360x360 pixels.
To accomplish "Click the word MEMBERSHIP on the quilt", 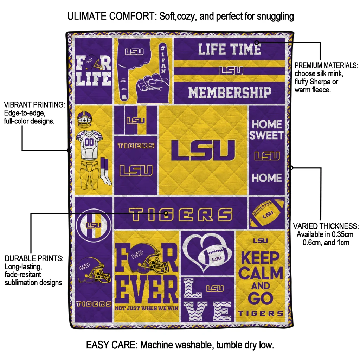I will point(230,93).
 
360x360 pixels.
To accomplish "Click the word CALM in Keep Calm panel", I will point(262,272).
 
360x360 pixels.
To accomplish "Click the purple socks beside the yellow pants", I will point(105,171).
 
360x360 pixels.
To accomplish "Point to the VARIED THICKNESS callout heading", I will point(326,226).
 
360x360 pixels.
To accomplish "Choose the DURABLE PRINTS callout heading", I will point(34,258).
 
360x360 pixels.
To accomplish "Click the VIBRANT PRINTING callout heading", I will point(34,105).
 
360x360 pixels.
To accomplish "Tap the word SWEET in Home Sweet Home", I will point(266,135).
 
